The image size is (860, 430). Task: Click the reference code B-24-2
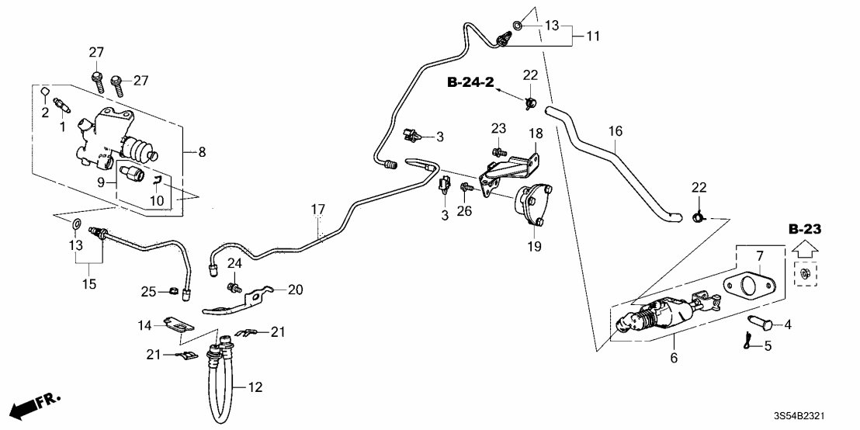(471, 81)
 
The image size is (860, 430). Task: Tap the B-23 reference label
(804, 230)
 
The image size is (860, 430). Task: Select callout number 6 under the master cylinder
(674, 358)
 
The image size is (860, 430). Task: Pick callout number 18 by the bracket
(536, 134)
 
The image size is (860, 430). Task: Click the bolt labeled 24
(232, 289)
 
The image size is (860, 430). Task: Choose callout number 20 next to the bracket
(295, 290)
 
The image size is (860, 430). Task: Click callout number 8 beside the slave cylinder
(202, 153)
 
